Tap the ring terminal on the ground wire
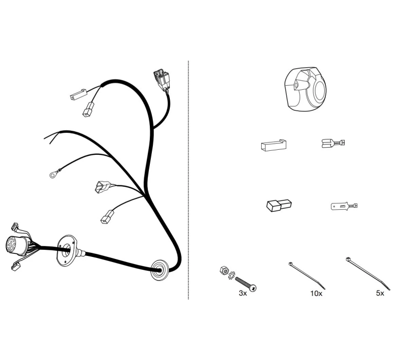click(53, 174)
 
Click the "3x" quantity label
click(243, 293)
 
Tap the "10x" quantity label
click(316, 293)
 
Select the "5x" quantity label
click(380, 293)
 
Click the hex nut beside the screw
click(224, 270)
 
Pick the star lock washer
click(231, 275)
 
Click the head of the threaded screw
click(253, 288)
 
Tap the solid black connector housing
click(279, 205)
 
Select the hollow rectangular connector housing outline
click(273, 145)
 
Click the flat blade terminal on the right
click(344, 206)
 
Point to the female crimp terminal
click(333, 143)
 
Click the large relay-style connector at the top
click(162, 79)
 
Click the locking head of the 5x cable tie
click(348, 259)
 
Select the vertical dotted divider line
click(188, 180)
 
